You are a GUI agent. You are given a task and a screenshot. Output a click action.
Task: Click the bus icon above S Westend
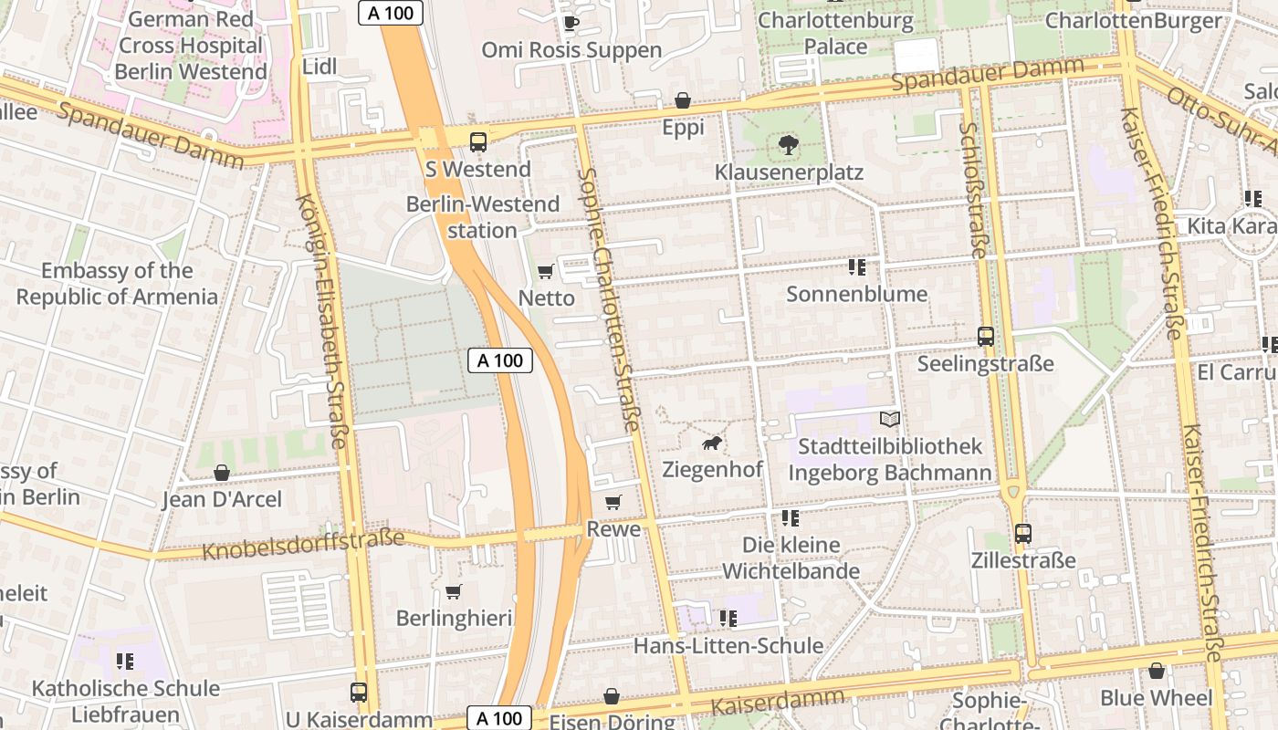[477, 141]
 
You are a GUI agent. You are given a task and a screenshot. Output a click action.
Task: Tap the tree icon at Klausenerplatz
[788, 144]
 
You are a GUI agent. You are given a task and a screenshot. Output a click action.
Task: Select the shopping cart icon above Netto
[546, 271]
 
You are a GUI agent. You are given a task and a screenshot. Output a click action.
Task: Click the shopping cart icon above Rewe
[613, 502]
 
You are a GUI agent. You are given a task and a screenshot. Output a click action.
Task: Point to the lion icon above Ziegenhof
[711, 443]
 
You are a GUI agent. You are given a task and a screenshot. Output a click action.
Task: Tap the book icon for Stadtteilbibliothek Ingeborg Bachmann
[889, 419]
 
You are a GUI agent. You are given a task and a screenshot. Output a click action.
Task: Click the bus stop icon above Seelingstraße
[985, 336]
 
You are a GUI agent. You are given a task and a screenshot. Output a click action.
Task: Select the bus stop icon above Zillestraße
[1023, 533]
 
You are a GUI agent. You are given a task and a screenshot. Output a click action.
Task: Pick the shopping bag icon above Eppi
[682, 100]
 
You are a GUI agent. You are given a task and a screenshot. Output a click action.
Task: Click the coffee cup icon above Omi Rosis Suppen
[571, 23]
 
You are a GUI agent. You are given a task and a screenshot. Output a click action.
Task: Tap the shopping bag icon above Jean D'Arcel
[221, 473]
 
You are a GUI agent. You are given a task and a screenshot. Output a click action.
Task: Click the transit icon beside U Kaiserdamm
[359, 693]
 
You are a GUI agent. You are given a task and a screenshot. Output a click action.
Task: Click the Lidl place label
[319, 67]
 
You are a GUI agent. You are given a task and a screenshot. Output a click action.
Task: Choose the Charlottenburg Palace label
[835, 33]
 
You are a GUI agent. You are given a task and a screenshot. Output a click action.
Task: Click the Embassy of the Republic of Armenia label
[117, 284]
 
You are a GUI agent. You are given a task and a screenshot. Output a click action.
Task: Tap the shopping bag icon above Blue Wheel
[1157, 671]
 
